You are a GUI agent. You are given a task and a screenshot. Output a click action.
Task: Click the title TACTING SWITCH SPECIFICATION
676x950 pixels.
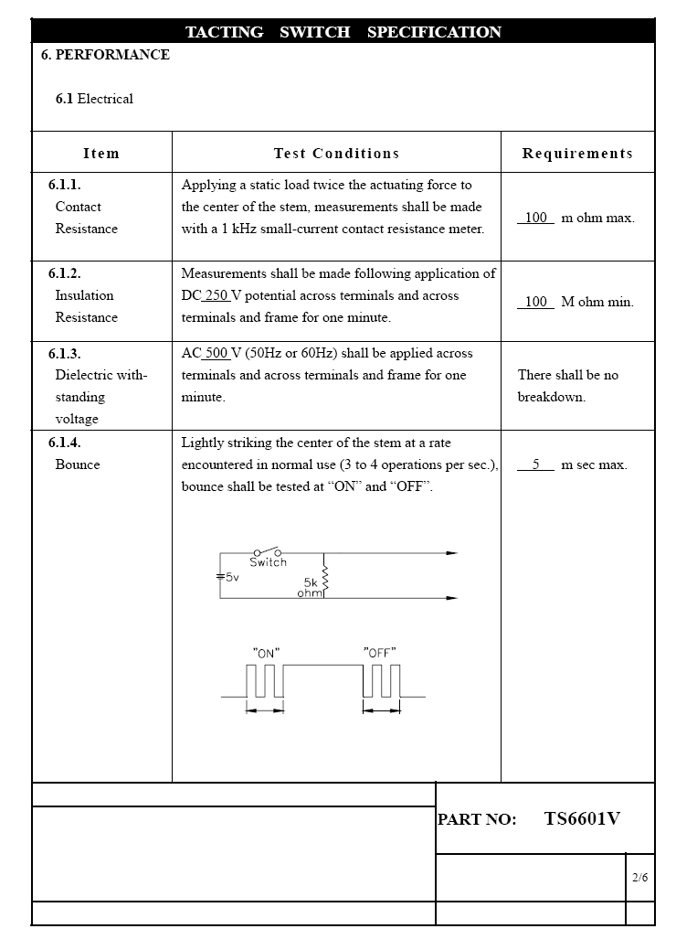pos(343,32)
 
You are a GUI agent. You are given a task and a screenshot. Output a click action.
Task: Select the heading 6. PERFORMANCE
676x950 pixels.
pos(105,55)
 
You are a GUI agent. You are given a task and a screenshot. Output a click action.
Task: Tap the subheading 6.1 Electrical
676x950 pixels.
pos(94,99)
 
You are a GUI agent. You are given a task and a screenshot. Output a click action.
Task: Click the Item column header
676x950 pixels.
pos(101,154)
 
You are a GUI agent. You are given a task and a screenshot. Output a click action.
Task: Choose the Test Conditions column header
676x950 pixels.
pos(336,154)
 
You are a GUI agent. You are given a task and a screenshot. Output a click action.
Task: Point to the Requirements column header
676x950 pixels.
pos(577,154)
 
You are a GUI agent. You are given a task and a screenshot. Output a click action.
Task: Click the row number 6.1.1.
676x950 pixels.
pos(65,185)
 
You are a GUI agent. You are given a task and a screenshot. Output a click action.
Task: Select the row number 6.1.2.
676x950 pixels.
pos(65,273)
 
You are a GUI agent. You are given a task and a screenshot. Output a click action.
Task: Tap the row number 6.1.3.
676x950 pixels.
pos(65,353)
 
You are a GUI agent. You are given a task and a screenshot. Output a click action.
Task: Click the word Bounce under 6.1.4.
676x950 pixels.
pos(78,464)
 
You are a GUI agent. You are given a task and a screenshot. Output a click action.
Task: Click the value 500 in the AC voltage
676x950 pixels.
pos(217,353)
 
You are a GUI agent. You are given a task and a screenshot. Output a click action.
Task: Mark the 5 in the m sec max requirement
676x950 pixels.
pos(537,464)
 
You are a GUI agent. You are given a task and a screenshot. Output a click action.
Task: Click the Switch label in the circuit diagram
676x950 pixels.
pos(268,562)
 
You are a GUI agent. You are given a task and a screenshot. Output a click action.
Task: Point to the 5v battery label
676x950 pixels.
pos(231,577)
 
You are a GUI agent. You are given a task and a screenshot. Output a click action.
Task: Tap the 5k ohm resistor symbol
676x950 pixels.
pos(324,582)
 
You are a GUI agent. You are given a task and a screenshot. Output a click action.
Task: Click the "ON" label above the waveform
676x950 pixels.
pos(266,653)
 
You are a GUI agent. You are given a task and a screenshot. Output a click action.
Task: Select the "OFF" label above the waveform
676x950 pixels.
pos(379,653)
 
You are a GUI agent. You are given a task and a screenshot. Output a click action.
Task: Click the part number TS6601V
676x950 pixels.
pos(582,819)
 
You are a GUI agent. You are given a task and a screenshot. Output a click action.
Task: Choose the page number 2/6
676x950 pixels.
pos(640,878)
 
